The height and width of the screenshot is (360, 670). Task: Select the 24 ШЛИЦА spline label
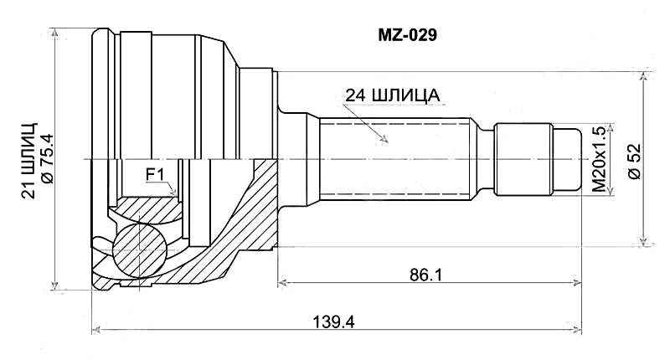click(x=392, y=95)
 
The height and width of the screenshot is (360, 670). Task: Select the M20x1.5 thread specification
click(x=598, y=160)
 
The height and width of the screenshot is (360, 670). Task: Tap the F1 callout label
click(x=157, y=174)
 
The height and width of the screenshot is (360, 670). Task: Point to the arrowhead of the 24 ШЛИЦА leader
click(x=386, y=138)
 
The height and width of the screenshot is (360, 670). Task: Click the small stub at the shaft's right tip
click(x=569, y=159)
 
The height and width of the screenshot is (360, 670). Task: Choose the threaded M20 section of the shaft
click(x=523, y=159)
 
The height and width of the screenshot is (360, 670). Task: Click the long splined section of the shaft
click(x=394, y=159)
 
